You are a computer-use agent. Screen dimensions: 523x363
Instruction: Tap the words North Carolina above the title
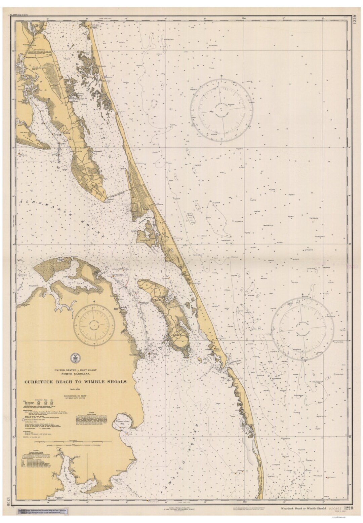click(x=75, y=374)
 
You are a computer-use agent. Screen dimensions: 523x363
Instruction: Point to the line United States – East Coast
click(x=75, y=370)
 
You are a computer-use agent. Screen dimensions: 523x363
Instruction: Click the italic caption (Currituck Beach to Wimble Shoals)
click(x=301, y=510)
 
